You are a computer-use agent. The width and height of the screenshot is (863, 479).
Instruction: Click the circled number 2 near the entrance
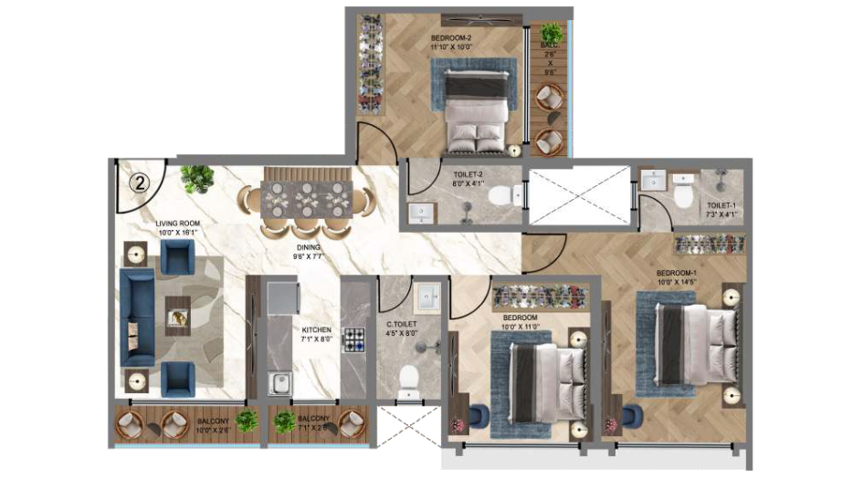coord(140,182)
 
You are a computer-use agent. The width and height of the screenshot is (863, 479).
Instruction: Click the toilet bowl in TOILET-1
coord(682,198)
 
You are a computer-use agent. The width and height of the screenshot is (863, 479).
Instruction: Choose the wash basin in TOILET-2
coord(422,213)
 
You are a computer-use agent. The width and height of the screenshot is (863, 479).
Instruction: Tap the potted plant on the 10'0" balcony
coord(247,421)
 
